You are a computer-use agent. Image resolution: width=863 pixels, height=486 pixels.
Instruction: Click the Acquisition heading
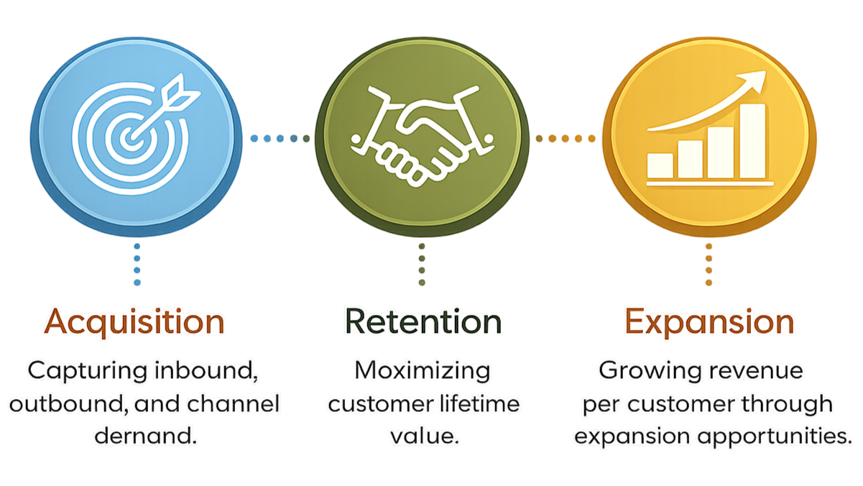tap(135, 321)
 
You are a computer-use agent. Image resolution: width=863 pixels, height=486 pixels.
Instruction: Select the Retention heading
tap(423, 321)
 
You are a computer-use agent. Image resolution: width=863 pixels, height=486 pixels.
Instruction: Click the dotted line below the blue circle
tap(137, 264)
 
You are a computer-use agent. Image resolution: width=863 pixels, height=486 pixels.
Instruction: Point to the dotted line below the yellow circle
tap(709, 264)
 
